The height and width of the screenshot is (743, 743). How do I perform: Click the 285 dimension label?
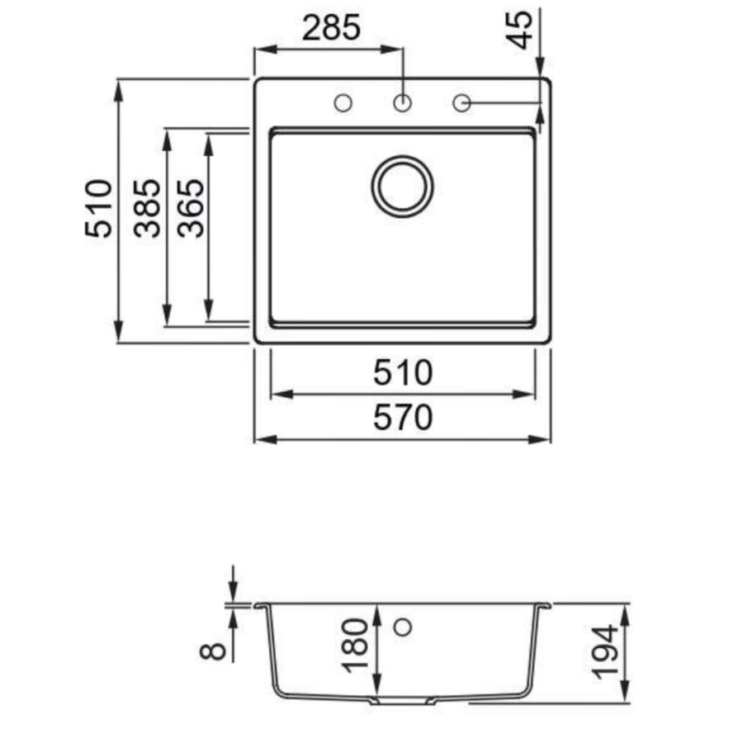[x=331, y=27]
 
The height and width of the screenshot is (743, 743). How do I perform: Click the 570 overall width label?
[x=403, y=418]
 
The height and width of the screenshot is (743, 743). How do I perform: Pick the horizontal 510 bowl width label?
[x=403, y=372]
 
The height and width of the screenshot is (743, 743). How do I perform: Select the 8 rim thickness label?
[x=213, y=651]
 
